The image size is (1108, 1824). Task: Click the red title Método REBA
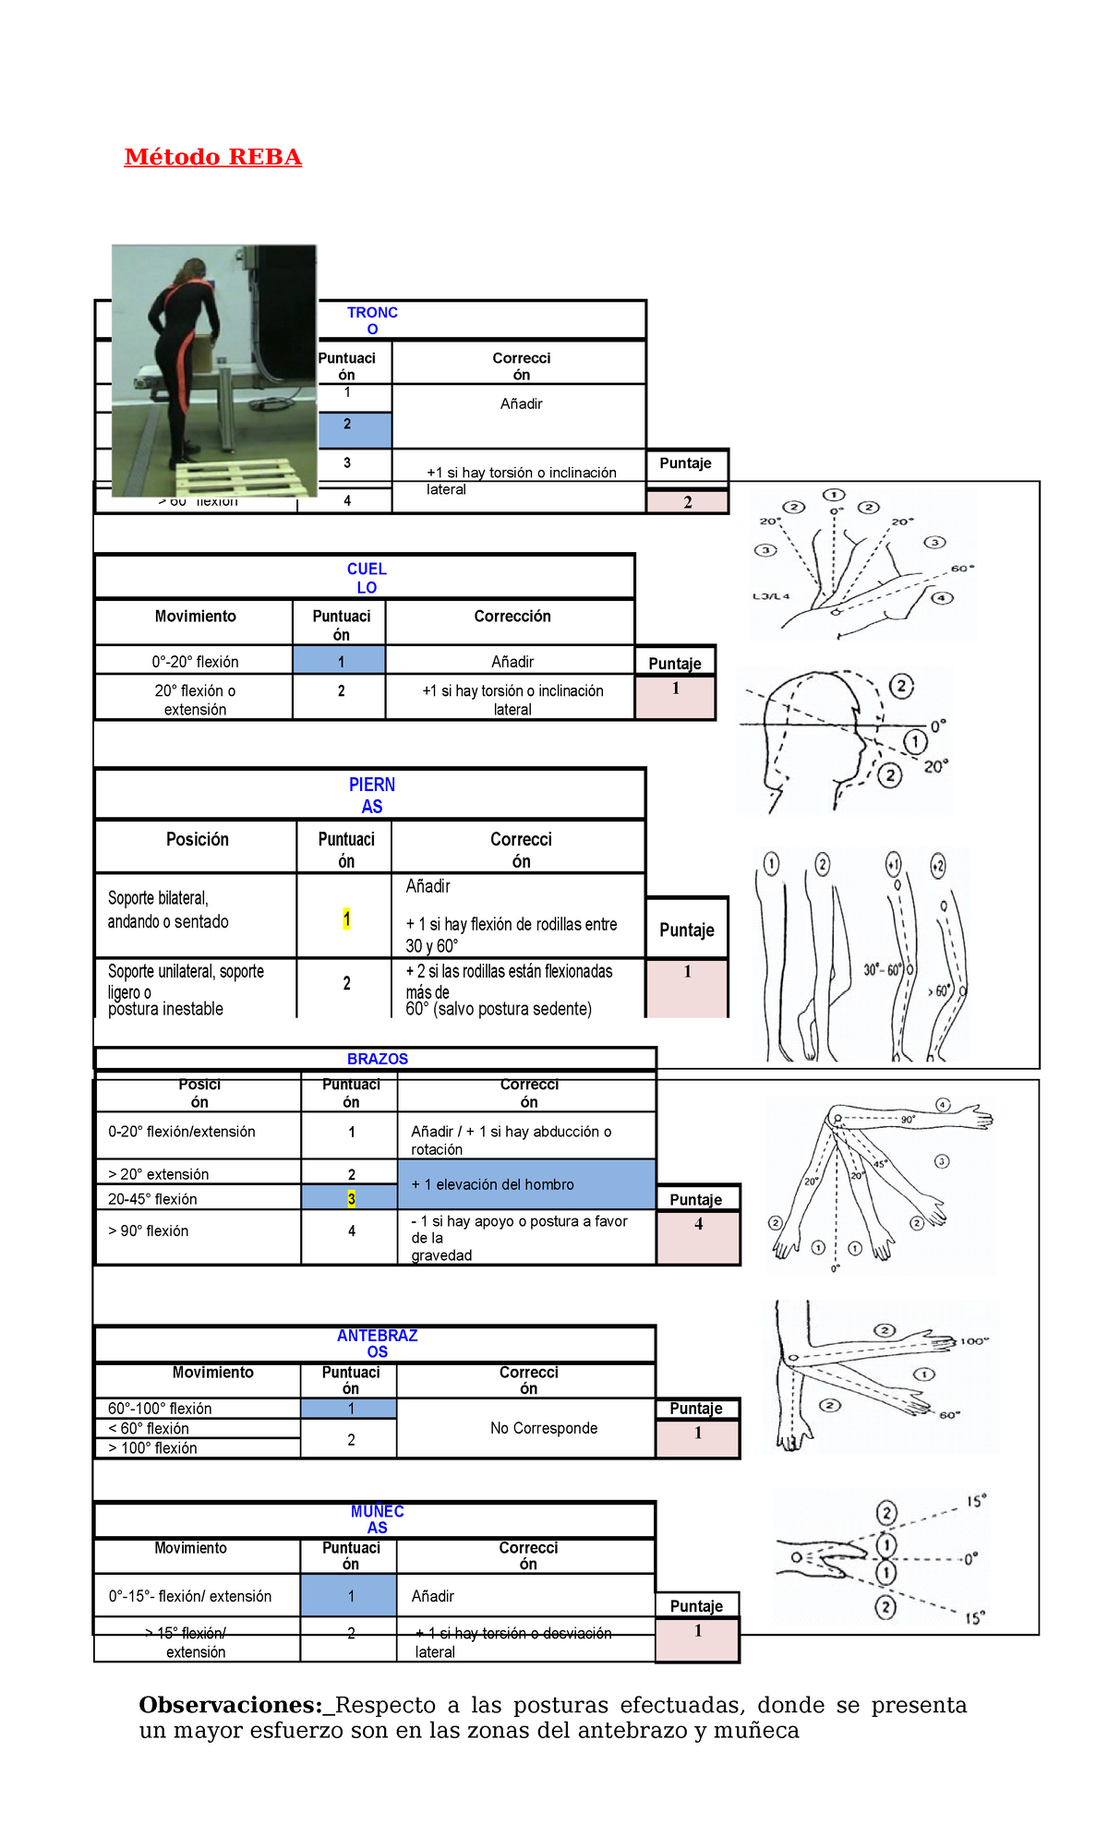(213, 157)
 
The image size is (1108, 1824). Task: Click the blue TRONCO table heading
(372, 320)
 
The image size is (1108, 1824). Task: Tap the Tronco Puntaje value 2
(687, 502)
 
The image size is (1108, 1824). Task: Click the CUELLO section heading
(367, 578)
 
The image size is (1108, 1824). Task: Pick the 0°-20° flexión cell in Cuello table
(195, 661)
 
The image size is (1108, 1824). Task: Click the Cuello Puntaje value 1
(675, 689)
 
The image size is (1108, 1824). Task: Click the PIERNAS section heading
(371, 795)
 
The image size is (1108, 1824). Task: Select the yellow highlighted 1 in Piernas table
(346, 919)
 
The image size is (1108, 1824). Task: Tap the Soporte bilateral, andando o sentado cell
(168, 909)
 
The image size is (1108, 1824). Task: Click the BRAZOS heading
(377, 1059)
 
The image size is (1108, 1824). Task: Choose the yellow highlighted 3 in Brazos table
(351, 1198)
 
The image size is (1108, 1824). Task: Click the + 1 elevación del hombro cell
(493, 1184)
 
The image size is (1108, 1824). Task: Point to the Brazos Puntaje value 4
(698, 1224)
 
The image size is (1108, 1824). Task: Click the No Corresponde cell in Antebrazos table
(544, 1428)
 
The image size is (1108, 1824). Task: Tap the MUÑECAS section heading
(377, 1518)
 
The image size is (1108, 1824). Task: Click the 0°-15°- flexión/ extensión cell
(190, 1596)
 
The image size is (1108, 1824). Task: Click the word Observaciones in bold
(229, 1705)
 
